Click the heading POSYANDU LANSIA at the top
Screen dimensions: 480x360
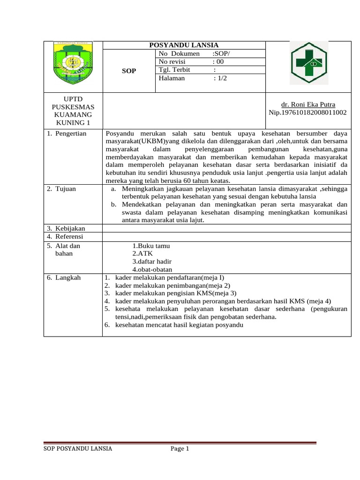(184, 45)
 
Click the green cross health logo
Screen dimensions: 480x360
(308, 63)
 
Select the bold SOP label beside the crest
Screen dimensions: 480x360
(129, 71)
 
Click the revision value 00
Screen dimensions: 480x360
(219, 62)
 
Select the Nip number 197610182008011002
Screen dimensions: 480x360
(307, 112)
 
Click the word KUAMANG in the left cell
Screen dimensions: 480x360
(73, 114)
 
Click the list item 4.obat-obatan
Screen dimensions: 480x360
(152, 270)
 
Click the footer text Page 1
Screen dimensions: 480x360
(180, 449)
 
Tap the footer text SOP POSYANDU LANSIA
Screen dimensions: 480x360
(78, 449)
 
